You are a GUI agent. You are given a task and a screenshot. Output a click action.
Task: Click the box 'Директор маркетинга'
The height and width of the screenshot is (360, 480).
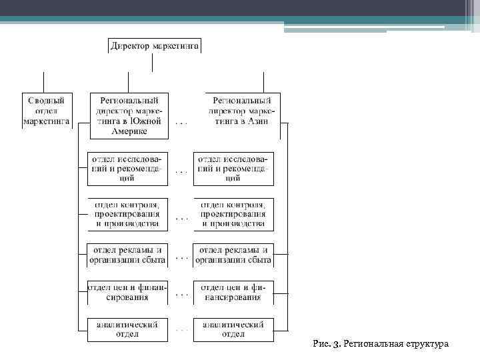click(x=154, y=46)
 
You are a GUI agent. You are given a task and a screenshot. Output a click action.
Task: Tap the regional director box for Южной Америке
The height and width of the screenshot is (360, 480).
click(x=129, y=115)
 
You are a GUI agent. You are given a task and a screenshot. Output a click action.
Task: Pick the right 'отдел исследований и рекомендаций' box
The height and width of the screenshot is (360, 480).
click(x=233, y=169)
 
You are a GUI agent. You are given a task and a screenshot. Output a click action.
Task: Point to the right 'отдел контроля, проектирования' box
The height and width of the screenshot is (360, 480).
click(x=233, y=214)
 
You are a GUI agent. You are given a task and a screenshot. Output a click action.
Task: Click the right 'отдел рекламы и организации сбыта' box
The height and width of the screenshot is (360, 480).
click(x=233, y=255)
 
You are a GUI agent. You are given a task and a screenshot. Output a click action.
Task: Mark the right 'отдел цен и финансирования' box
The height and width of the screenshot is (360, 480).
click(x=233, y=292)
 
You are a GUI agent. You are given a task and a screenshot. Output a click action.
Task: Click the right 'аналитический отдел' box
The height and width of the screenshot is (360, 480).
click(x=233, y=329)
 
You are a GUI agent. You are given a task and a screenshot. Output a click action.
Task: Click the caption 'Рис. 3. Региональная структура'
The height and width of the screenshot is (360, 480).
click(x=381, y=344)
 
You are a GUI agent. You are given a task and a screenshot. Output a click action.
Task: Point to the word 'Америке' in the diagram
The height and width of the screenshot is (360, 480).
click(x=129, y=131)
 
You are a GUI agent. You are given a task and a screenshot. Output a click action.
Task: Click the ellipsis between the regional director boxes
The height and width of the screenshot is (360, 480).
click(x=181, y=123)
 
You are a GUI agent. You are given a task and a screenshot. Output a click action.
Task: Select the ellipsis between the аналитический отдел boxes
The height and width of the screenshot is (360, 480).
click(x=181, y=329)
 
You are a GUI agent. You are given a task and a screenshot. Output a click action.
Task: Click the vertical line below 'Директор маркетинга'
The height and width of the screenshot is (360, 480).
click(x=154, y=62)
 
